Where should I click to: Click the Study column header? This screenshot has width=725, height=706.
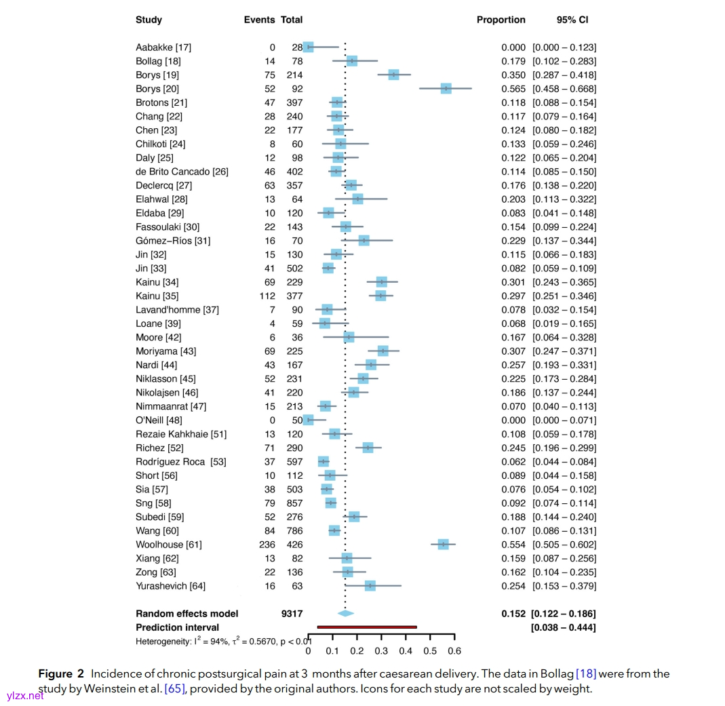(x=149, y=20)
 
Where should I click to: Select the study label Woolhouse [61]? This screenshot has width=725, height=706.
(x=168, y=545)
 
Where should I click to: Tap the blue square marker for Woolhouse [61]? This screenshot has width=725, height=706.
(x=444, y=545)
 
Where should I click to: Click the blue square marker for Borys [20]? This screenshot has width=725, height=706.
(x=446, y=89)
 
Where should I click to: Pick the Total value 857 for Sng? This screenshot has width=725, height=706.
(x=294, y=503)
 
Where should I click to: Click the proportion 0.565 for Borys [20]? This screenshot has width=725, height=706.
(x=513, y=89)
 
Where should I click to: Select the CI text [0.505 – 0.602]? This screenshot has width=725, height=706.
(x=564, y=545)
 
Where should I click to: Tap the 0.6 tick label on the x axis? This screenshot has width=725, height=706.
(x=454, y=651)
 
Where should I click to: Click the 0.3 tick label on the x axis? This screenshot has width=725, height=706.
(x=381, y=651)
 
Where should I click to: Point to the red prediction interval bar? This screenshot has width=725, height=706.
(x=367, y=627)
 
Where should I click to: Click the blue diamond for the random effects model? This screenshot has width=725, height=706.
(x=346, y=614)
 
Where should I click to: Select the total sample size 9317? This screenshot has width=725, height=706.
(x=292, y=614)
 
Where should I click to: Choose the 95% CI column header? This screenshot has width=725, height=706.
(x=572, y=20)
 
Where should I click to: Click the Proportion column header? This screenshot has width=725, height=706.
(x=501, y=20)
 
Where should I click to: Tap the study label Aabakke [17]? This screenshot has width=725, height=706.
(x=163, y=47)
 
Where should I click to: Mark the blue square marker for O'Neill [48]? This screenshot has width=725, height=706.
(x=309, y=420)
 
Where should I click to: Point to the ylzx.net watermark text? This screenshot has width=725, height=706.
(x=23, y=695)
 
